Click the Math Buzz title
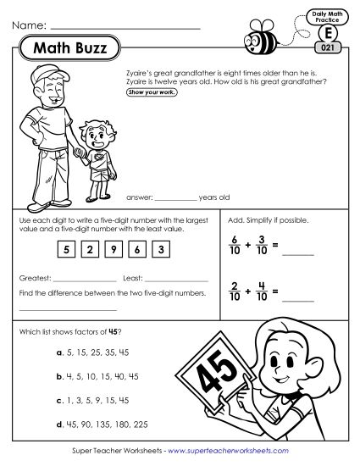69,50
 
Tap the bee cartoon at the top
256,35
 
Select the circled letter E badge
328,34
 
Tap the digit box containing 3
163,248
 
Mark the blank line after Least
176,280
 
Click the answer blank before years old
175,197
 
